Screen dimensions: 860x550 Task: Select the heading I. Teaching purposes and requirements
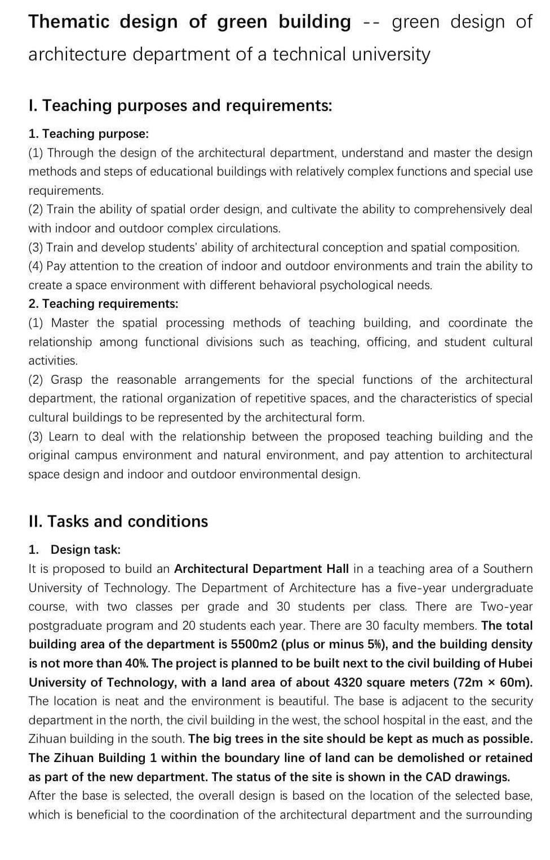click(180, 105)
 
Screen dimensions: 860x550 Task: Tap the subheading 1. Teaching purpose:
click(88, 134)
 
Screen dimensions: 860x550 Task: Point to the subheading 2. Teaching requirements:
click(103, 304)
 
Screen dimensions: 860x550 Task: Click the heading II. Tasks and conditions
click(118, 521)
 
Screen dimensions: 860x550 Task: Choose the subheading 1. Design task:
click(74, 550)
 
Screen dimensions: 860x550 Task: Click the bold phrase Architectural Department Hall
click(261, 569)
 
